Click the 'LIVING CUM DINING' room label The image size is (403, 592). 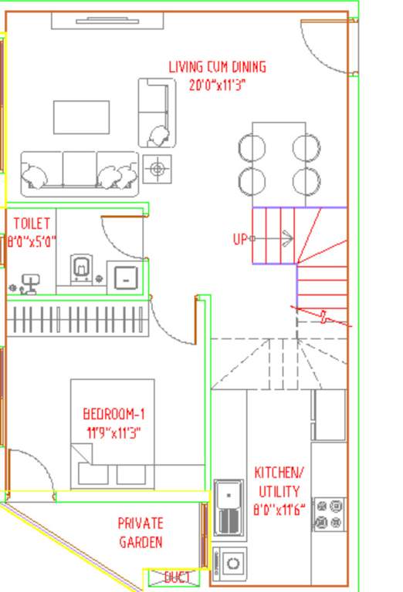click(x=217, y=67)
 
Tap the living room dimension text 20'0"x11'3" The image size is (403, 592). click(x=217, y=85)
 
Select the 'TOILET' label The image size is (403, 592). click(x=32, y=224)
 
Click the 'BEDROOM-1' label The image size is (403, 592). click(x=113, y=414)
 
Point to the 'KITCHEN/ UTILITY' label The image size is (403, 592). click(x=279, y=482)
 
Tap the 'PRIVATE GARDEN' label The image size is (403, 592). click(x=141, y=533)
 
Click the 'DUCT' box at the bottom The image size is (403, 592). click(x=171, y=577)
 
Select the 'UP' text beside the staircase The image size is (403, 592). click(x=240, y=239)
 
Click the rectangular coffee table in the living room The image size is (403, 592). click(x=81, y=117)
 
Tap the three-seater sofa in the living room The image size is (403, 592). click(x=79, y=170)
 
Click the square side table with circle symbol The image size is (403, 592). click(x=157, y=168)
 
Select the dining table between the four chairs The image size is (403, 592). click(x=279, y=159)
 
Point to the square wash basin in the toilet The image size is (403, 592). click(x=123, y=276)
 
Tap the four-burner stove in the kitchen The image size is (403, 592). click(x=329, y=515)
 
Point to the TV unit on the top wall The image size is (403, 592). click(x=107, y=21)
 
